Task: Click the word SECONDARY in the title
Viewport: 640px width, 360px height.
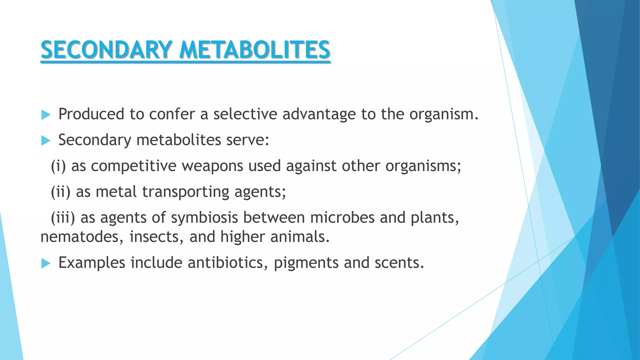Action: coord(106,50)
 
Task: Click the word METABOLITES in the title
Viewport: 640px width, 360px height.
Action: coord(255,50)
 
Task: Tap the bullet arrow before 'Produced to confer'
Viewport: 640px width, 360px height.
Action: coord(46,115)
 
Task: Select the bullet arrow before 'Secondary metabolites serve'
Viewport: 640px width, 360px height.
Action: coord(46,141)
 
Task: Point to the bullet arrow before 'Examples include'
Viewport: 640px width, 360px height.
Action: coord(46,263)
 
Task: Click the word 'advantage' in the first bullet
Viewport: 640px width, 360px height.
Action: coord(319,114)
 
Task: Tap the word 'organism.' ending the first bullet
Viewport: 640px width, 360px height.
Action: coord(444,114)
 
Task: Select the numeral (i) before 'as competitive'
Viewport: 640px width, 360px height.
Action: coord(58,166)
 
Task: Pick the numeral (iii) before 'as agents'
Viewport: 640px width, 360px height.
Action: coord(63,218)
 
